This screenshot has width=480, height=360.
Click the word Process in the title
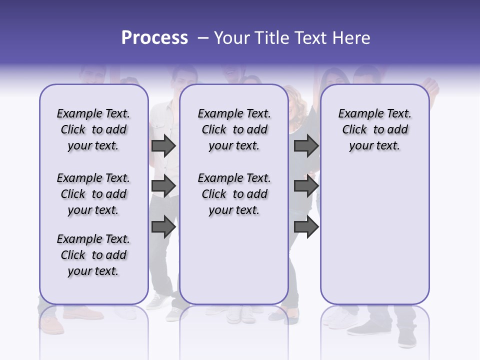tap(154, 38)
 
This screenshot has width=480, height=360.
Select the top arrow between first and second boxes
tap(163, 145)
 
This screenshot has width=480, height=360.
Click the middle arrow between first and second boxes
tap(163, 186)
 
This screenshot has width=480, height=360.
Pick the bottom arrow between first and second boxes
tap(163, 226)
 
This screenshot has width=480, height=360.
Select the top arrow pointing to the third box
tap(306, 145)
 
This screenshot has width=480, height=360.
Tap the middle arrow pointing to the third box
tap(306, 186)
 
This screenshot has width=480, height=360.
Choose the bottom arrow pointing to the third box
tap(306, 226)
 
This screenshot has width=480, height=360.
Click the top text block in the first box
tap(93, 129)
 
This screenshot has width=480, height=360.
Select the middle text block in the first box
tap(93, 194)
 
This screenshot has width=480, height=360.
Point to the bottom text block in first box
tap(93, 255)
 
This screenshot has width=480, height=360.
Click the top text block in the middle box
tap(234, 129)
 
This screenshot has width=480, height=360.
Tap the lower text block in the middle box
tap(234, 194)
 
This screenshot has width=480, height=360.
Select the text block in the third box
tap(375, 129)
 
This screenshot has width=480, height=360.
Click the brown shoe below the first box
tap(82, 313)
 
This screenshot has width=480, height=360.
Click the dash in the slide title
tap(203, 38)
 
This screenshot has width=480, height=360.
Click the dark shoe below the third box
tap(367, 327)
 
